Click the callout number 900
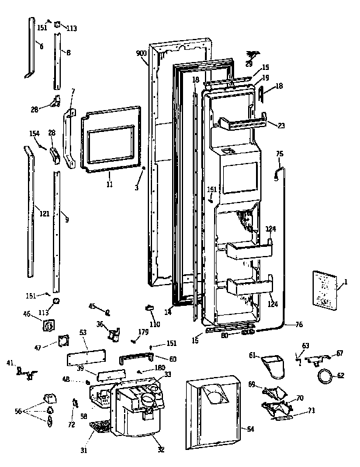pos(141,54)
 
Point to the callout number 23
pos(281,126)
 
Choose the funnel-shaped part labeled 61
pos(272,367)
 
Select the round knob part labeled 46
pos(46,327)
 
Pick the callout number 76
pos(299,325)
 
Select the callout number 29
pos(248,63)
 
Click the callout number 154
pos(34,133)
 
